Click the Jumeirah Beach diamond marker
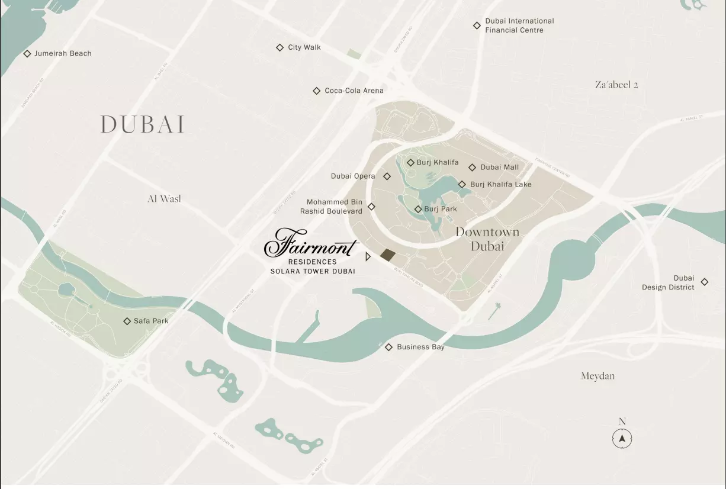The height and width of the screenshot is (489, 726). coord(27,53)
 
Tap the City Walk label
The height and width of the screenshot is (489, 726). coord(304,47)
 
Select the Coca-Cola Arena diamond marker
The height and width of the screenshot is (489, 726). coord(316,91)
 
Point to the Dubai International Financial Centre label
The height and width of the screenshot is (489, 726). coord(519,25)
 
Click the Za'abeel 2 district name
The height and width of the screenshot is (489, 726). coord(616,85)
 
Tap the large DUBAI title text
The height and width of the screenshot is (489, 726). coord(143,124)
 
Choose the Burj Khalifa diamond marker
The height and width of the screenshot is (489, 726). coord(410,162)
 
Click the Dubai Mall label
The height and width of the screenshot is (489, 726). coord(499,168)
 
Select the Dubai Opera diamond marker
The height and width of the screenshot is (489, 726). coord(387,176)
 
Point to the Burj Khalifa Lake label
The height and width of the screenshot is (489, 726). coord(500,184)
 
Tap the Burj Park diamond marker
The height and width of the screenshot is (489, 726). coord(417,209)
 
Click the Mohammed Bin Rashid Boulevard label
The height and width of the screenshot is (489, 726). coord(331,207)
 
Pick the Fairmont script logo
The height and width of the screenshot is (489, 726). coord(311,244)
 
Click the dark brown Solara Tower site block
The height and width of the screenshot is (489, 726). coord(388,255)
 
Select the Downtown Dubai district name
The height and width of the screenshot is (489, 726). coord(487,239)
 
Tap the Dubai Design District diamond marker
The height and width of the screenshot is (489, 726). coord(704,282)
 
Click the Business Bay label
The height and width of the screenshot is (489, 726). coord(420,347)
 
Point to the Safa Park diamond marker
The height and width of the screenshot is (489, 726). coord(127,321)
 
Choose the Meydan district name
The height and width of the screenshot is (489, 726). coord(597,376)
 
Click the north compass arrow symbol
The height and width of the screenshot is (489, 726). coord(622,439)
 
